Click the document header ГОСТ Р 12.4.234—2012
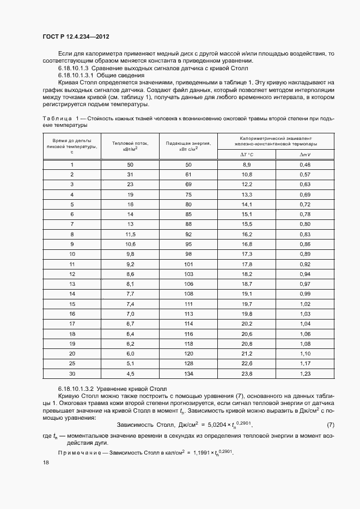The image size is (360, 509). tap(80, 36)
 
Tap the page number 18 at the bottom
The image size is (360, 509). tap(45, 462)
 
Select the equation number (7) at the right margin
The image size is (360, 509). tap(331, 424)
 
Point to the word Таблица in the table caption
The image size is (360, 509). tap(57, 118)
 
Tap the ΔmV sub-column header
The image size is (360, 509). tap(305, 155)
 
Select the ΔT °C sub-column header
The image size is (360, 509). tap(246, 155)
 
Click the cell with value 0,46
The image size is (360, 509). tap(305, 164)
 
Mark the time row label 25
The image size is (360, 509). tap(71, 363)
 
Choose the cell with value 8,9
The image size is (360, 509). tap(246, 164)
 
